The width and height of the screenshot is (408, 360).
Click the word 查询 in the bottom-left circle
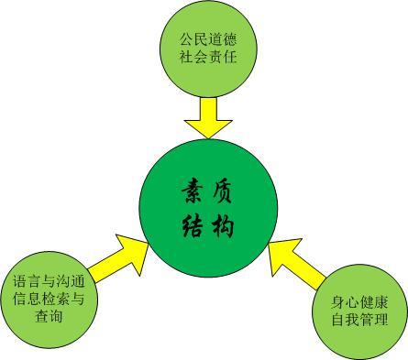[50, 317]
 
